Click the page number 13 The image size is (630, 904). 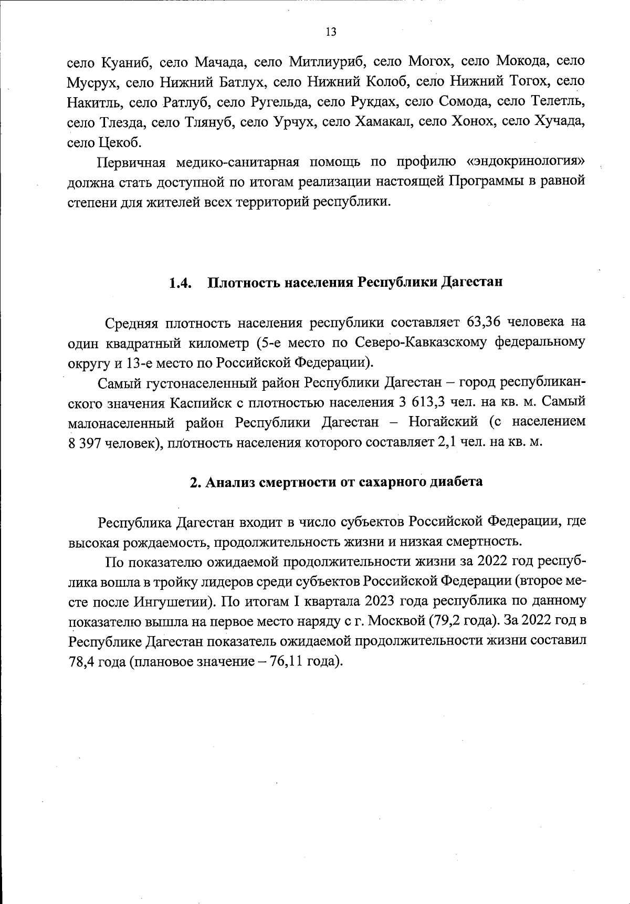[331, 32]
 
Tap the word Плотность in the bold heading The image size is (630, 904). [243, 283]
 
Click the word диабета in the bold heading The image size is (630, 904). [456, 482]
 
